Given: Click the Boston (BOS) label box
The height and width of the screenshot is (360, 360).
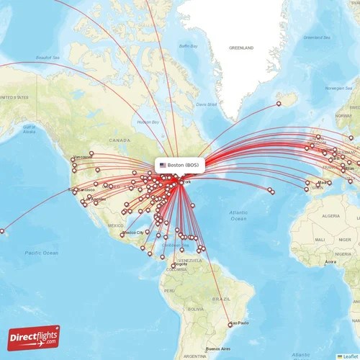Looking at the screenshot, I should point(180,165).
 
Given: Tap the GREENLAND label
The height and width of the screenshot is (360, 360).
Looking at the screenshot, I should point(241,48).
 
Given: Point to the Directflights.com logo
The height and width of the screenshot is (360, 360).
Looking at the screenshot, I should point(34,337).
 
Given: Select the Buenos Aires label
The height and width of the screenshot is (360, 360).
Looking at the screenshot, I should point(218,348).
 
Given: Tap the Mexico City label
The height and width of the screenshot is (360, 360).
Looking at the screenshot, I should point(133,233).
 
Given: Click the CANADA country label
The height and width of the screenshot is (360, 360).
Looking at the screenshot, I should point(119,140).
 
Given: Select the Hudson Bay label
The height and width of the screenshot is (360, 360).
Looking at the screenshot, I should point(148,123).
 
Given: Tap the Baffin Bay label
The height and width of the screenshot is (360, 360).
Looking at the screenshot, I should point(188,45).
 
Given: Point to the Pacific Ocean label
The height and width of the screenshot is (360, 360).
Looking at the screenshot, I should point(40,253).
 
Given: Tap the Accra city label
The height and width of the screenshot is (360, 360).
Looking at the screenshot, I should point(330,262).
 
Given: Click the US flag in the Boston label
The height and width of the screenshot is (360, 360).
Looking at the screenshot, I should point(163,165).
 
